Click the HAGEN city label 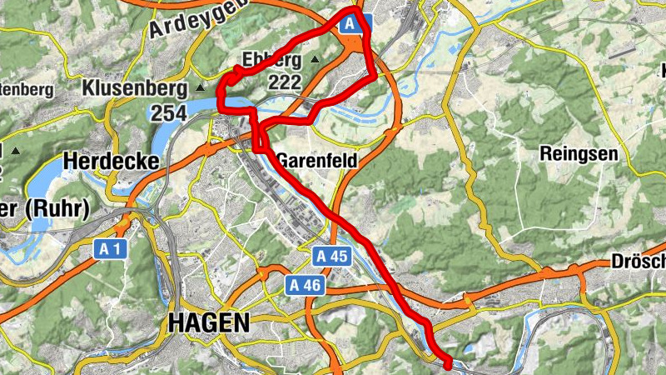(x=209, y=322)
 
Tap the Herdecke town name (x=111, y=162)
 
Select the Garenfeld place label (x=320, y=160)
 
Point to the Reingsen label (x=579, y=153)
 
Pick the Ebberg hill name (x=271, y=60)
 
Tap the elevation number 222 (x=284, y=82)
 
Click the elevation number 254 (x=169, y=112)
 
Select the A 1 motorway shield (x=109, y=248)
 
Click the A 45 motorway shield (x=331, y=257)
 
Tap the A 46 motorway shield (x=305, y=286)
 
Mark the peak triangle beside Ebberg (x=315, y=60)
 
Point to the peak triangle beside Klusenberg (x=200, y=87)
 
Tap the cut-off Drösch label (x=638, y=262)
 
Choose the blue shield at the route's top (x=352, y=24)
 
